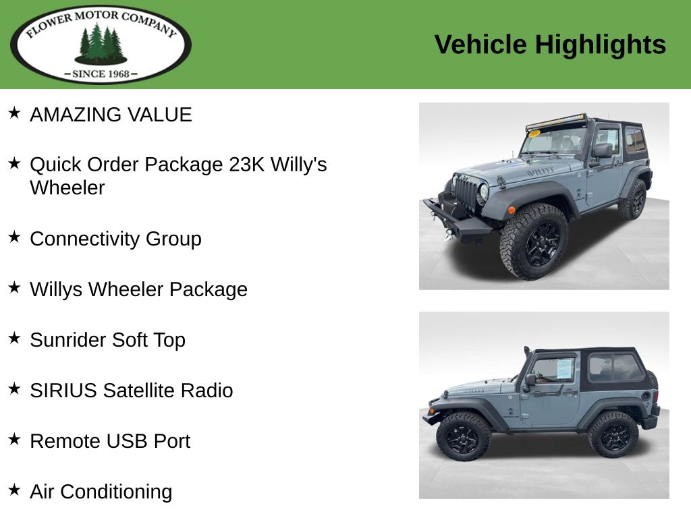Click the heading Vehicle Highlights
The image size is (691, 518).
point(550,45)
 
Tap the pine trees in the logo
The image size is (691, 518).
point(101,44)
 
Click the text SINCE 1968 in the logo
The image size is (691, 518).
point(101,74)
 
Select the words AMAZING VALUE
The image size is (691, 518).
point(111,115)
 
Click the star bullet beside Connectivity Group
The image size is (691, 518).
point(14,237)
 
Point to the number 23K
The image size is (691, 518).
point(246,165)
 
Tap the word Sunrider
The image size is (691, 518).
point(68,340)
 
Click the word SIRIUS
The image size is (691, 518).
point(63,391)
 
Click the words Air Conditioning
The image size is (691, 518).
point(101,492)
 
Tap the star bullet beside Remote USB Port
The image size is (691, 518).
point(14,439)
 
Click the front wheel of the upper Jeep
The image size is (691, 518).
point(533,241)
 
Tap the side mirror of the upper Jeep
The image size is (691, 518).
point(602,151)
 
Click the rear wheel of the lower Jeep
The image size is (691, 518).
point(613,435)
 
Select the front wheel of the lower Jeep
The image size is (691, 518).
point(463,437)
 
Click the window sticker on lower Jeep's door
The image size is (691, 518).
point(565,369)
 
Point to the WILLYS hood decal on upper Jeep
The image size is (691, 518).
point(541,171)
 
